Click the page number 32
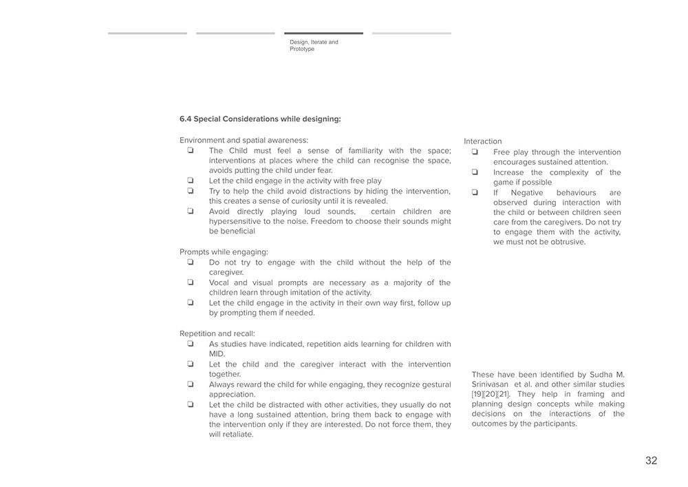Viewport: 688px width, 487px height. (x=651, y=461)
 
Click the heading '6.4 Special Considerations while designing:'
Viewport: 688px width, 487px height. (x=260, y=119)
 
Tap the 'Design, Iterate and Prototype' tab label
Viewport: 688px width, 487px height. (x=314, y=45)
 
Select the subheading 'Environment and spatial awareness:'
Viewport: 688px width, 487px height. (x=244, y=141)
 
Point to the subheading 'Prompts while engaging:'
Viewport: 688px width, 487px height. (x=224, y=252)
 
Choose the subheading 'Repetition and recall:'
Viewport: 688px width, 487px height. (x=217, y=334)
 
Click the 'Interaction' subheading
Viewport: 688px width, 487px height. (x=482, y=141)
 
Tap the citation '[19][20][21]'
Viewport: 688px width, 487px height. (x=491, y=395)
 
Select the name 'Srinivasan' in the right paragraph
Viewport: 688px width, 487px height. (x=491, y=384)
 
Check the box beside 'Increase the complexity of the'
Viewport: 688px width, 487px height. (x=475, y=172)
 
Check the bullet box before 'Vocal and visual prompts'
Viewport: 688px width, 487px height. (x=191, y=282)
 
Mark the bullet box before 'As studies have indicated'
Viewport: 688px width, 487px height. (x=191, y=344)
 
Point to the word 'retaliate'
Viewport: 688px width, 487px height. (x=234, y=435)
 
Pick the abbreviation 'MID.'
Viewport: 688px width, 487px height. (x=217, y=354)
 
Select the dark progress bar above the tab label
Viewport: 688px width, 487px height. (x=323, y=33)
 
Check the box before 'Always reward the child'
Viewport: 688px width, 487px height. (x=191, y=384)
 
